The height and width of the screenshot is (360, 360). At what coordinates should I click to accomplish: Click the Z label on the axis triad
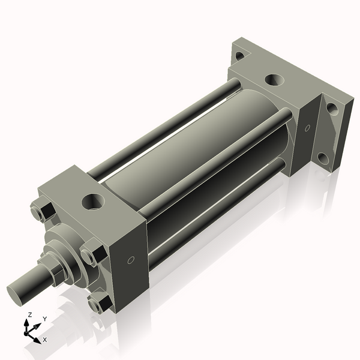(31, 314)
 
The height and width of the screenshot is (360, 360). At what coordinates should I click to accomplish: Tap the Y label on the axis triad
(44, 319)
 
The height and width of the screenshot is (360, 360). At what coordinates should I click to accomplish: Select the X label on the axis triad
(44, 340)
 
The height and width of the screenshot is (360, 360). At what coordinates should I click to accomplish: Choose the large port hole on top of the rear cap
(274, 79)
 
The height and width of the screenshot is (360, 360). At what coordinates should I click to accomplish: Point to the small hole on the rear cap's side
(307, 128)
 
